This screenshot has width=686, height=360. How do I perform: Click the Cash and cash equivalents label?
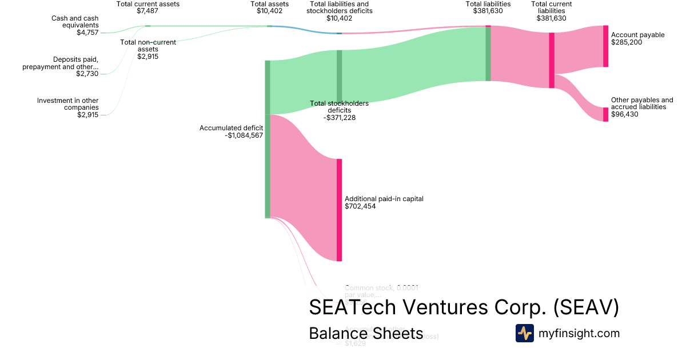click(75, 22)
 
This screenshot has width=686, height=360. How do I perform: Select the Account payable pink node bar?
click(606, 46)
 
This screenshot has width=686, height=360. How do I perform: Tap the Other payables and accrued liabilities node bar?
click(606, 114)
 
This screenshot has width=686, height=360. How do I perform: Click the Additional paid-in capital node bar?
click(339, 210)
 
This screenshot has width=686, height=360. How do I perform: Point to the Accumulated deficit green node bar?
click(267, 139)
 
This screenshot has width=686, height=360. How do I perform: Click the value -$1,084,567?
click(244, 135)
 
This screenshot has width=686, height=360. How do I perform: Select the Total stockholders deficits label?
click(339, 107)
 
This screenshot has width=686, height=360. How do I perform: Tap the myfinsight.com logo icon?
click(524, 333)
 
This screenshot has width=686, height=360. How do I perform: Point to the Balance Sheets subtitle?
click(366, 333)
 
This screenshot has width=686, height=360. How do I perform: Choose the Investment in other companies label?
click(68, 104)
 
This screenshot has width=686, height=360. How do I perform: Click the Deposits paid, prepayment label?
click(68, 63)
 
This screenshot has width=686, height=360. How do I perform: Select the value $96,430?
click(625, 114)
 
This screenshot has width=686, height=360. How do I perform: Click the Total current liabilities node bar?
click(552, 60)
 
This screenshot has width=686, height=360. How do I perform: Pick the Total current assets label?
click(147, 4)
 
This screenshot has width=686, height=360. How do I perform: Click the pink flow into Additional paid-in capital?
click(303, 183)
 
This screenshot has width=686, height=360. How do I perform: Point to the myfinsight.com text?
click(579, 333)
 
